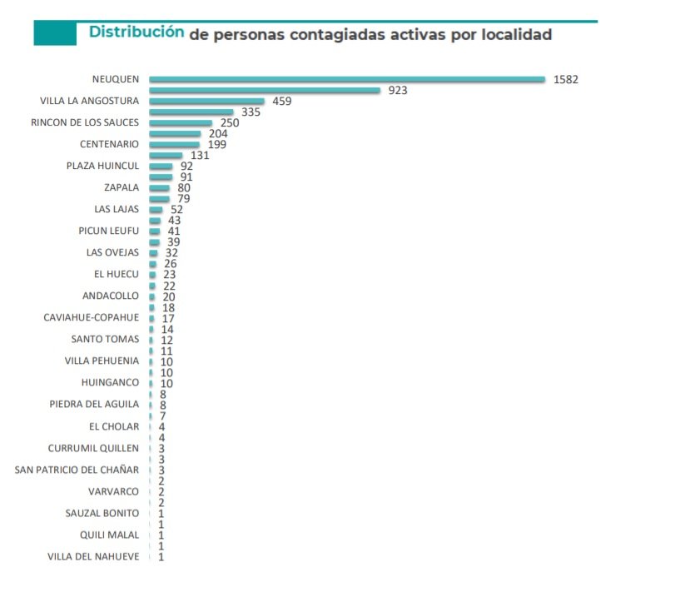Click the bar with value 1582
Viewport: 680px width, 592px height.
347,80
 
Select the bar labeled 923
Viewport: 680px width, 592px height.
265,91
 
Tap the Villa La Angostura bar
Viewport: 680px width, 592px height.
206,102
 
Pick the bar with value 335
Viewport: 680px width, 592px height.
191,112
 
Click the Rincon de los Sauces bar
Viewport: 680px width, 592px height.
181,123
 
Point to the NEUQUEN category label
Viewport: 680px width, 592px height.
116,80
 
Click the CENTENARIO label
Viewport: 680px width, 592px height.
109,144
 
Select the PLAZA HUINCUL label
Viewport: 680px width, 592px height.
102,166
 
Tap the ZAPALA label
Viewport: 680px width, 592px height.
122,187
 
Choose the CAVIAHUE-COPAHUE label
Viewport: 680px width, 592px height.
92,317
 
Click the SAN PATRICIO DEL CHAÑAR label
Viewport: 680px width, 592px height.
77,470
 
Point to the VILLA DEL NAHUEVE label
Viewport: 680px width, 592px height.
93,556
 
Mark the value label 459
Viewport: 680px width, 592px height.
283,102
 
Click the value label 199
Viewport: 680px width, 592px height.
216,144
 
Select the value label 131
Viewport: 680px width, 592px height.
200,155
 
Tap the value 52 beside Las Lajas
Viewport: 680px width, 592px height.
176,209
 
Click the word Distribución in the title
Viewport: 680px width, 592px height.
136,32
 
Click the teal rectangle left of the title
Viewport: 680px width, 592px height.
55,33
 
